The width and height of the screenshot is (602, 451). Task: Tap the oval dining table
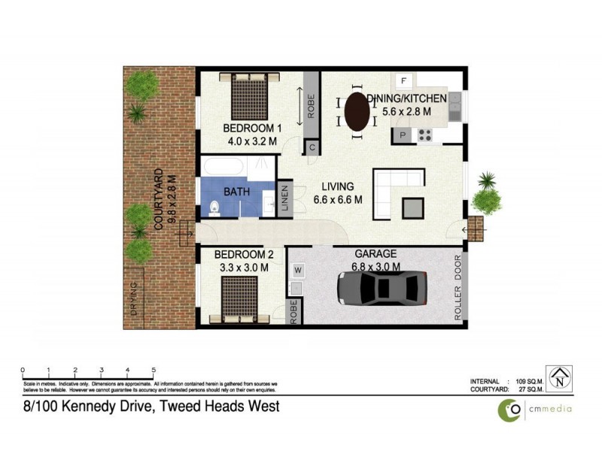click(357, 112)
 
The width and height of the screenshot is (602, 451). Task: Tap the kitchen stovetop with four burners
click(425, 136)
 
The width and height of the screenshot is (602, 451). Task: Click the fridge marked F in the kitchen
click(404, 80)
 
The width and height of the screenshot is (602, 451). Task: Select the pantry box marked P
click(403, 136)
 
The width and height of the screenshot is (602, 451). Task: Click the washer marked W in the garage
click(297, 269)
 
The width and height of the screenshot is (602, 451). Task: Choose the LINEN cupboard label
click(285, 200)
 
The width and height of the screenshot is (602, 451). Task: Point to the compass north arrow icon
click(559, 377)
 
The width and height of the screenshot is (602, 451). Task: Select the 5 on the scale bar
click(154, 370)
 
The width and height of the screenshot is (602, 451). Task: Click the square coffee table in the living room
click(413, 207)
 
